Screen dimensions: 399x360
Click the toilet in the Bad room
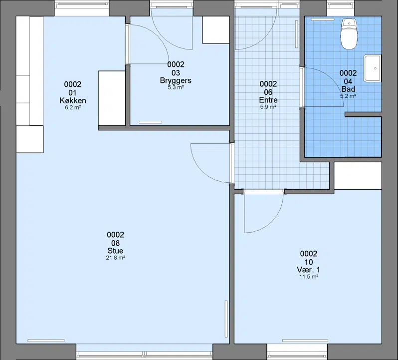[349, 33]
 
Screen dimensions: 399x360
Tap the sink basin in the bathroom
[373, 68]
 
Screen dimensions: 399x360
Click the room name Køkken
[73, 101]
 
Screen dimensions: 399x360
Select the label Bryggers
[176, 80]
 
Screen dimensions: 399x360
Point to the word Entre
[268, 100]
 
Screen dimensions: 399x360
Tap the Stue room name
[115, 251]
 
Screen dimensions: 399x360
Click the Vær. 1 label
[309, 270]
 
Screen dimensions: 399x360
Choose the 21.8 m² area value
[115, 258]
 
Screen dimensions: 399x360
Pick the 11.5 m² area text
[309, 277]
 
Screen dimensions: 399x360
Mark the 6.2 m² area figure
[73, 107]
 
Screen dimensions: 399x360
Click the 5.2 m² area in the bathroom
[348, 96]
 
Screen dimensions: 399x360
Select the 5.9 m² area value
[268, 107]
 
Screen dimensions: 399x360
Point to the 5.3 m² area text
[176, 87]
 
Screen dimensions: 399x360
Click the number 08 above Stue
[115, 243]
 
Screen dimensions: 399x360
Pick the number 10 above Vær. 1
[309, 262]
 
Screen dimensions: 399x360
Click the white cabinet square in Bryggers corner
[216, 29]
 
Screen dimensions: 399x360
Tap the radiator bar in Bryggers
[151, 122]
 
